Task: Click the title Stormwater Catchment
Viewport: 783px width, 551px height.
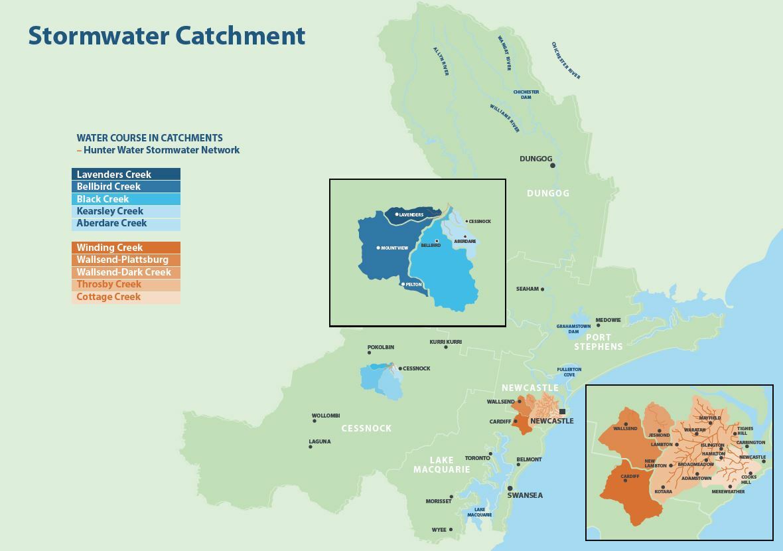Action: [167, 35]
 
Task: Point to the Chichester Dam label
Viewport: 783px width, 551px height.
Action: [526, 94]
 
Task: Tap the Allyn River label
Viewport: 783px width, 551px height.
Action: [441, 61]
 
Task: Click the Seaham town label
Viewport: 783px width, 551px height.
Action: [528, 289]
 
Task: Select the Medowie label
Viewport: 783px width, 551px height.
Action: [608, 320]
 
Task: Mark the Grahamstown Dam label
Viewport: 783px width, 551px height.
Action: [573, 329]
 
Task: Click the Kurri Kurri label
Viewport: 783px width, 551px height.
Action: [445, 342]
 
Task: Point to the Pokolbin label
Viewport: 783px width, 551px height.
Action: [381, 347]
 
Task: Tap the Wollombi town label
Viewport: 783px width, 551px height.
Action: [326, 416]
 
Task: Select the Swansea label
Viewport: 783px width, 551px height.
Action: [525, 495]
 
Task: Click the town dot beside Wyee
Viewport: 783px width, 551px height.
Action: [451, 530]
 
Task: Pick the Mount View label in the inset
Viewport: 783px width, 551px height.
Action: [395, 248]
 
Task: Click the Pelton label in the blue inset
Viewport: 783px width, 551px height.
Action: [413, 284]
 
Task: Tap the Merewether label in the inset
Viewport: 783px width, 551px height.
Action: [728, 492]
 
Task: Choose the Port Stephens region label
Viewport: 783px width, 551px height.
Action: [599, 342]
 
